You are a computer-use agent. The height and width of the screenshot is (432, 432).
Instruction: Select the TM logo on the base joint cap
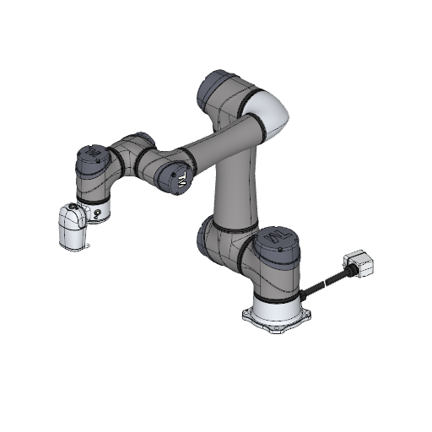pos(278,242)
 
